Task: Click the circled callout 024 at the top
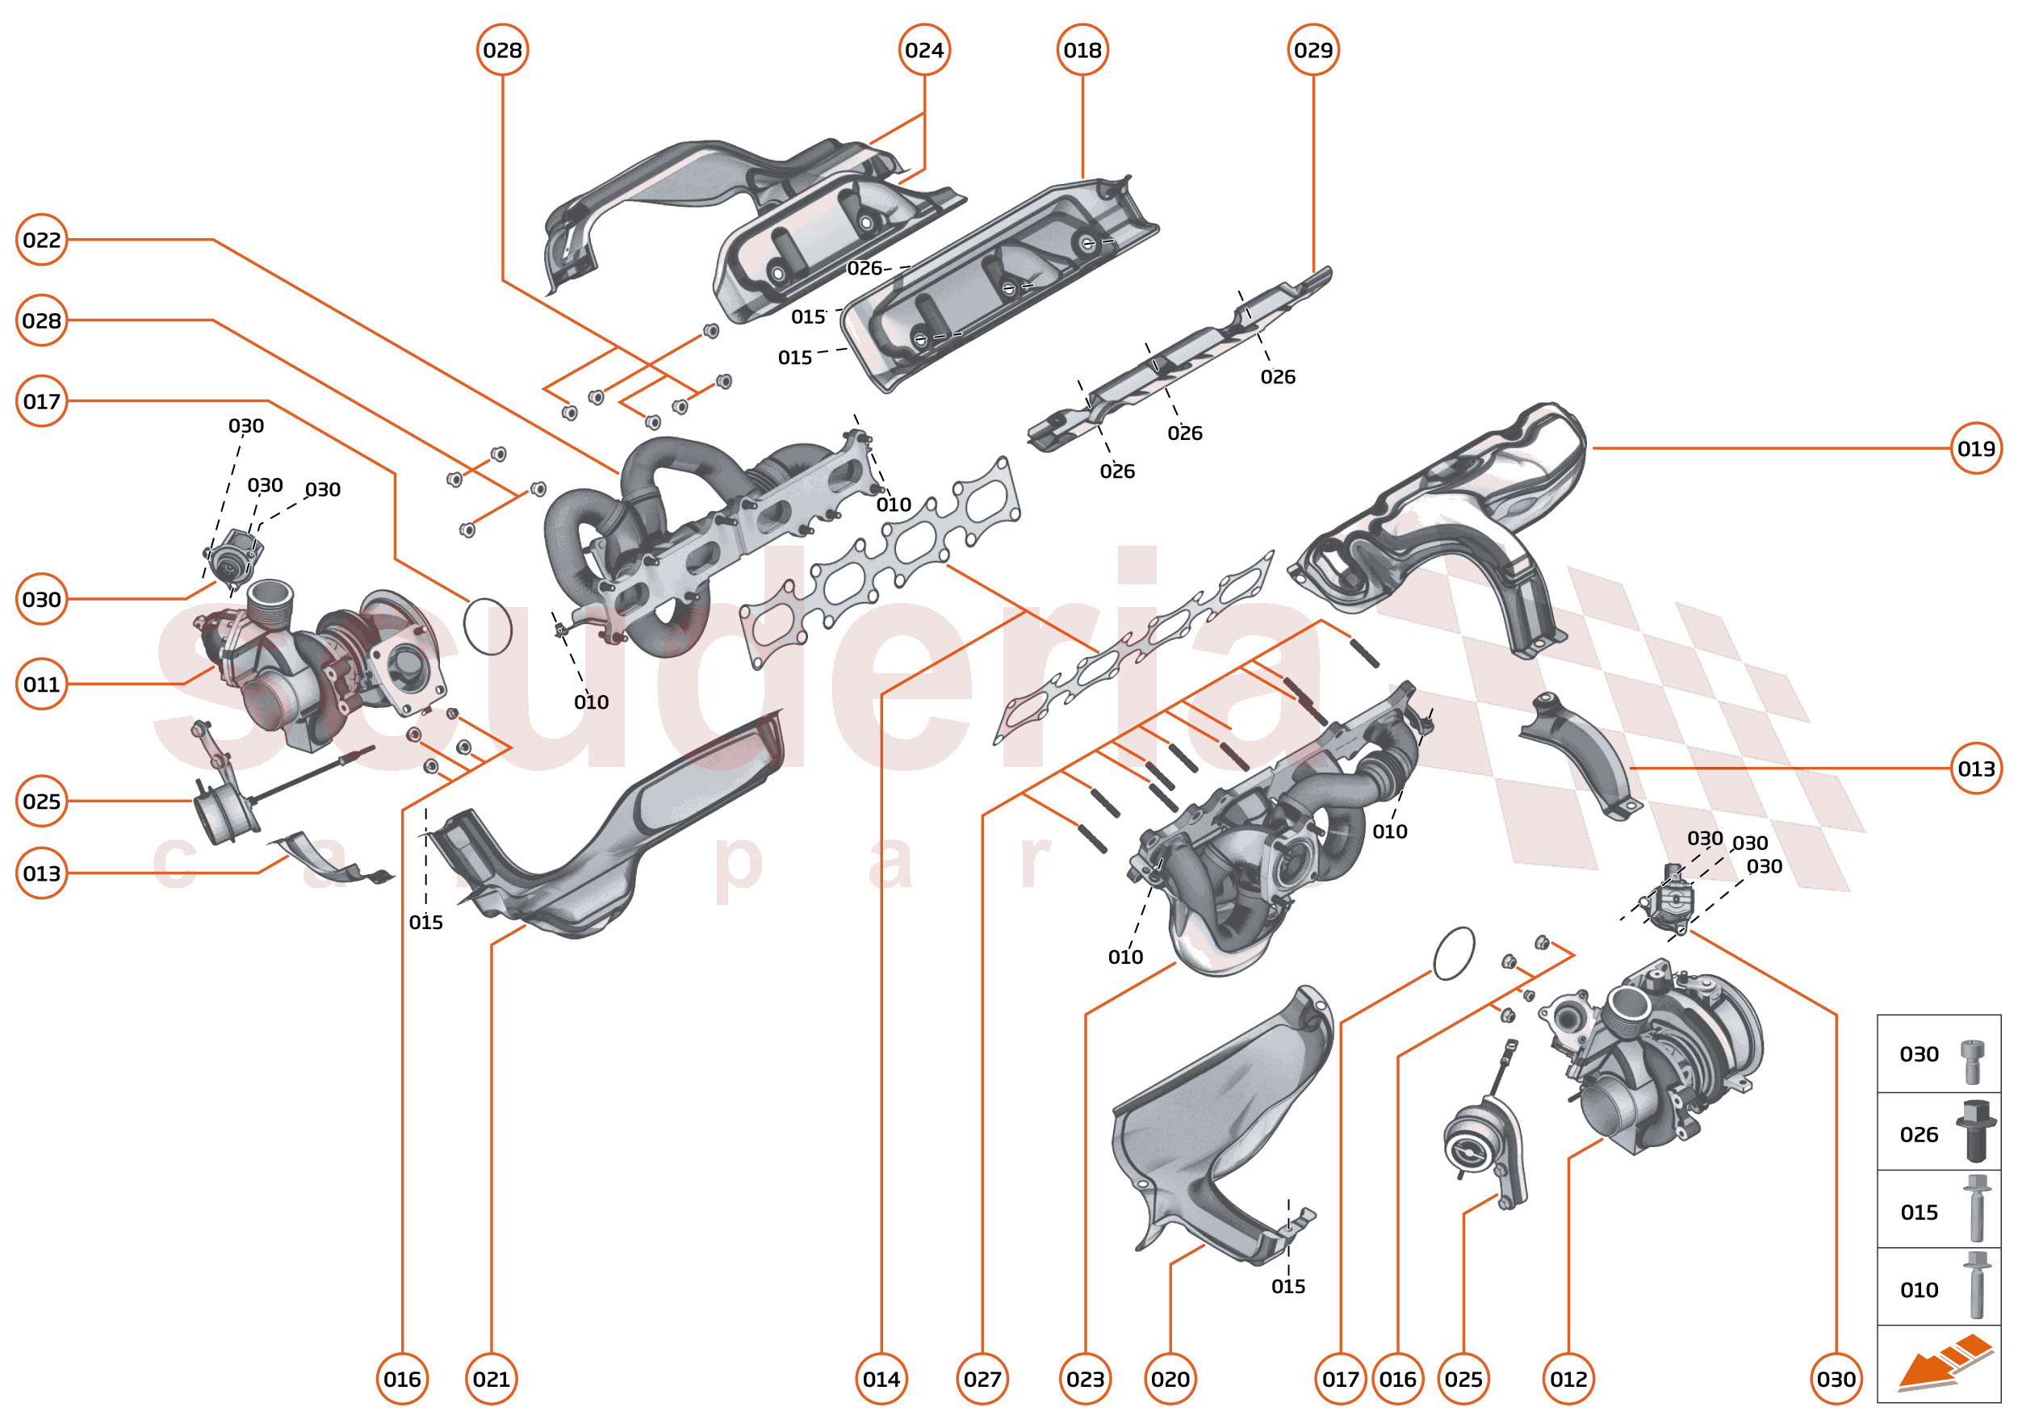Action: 924,50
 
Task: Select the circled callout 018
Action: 1082,50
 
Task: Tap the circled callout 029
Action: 1313,50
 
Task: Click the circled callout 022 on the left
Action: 41,239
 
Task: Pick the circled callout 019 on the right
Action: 1976,449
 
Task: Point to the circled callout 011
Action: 41,683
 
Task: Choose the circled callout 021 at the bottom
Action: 491,1379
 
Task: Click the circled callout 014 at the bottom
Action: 881,1379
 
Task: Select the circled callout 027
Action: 982,1379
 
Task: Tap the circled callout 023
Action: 1085,1379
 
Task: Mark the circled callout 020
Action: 1170,1379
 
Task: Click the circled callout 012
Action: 1568,1379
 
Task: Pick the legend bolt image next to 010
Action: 1977,1284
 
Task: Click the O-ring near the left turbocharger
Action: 487,626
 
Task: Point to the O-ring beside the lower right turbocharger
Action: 1454,953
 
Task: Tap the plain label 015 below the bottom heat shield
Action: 1287,1287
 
